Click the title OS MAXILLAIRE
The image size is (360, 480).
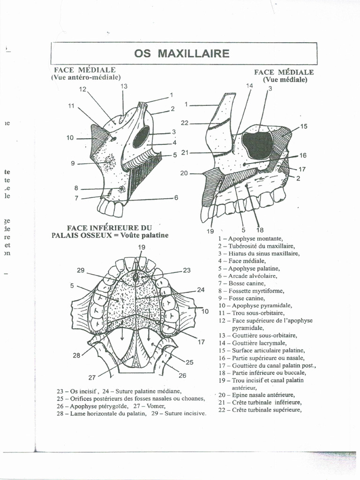(182, 53)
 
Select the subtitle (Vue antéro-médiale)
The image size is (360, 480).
(86, 77)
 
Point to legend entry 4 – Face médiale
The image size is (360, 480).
(242, 261)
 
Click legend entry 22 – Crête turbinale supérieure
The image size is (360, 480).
(260, 410)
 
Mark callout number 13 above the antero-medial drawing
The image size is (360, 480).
(124, 86)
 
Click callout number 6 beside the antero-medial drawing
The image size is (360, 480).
(176, 198)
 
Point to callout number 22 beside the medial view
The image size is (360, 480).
(184, 123)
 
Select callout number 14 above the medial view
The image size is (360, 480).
(249, 86)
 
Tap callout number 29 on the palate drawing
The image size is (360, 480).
(81, 270)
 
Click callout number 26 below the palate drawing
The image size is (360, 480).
(182, 375)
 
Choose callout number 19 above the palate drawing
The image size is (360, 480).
(142, 247)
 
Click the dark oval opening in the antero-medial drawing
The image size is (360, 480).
(141, 136)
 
